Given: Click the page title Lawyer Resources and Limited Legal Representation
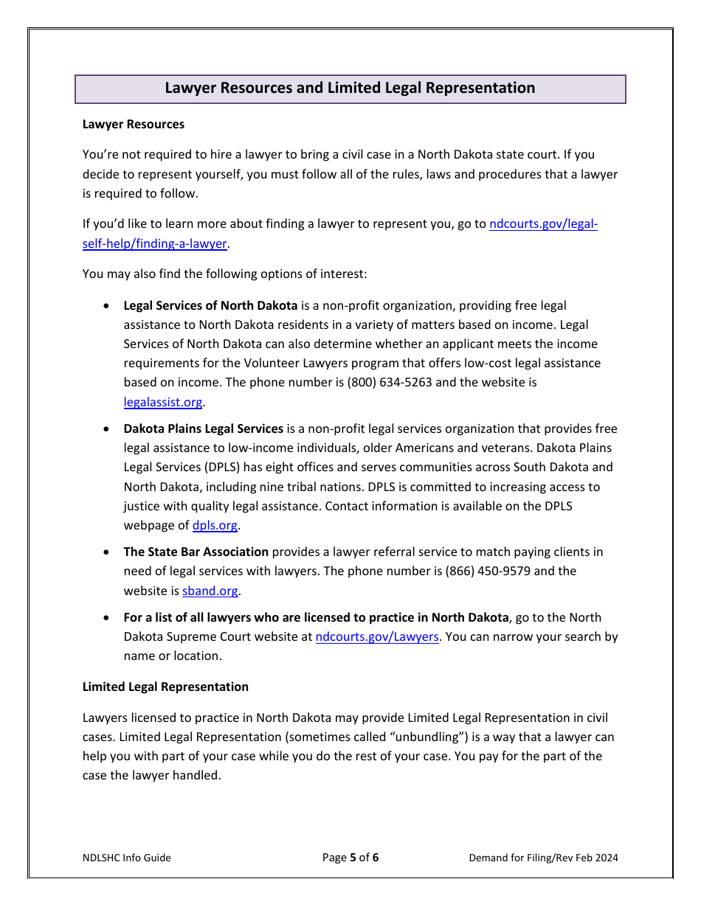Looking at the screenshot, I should tap(350, 88).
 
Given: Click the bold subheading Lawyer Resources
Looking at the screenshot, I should tap(134, 125).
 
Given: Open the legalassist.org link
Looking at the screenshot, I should tap(163, 403).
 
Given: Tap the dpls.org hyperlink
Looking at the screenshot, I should tap(215, 526).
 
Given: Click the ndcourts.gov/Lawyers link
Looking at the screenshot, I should tap(377, 637).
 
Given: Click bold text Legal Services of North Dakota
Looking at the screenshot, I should tap(210, 306).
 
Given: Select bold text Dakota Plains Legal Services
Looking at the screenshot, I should tap(203, 429).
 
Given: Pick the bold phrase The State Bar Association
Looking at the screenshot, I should tap(196, 552).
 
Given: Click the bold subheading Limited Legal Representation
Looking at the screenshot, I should tap(165, 687).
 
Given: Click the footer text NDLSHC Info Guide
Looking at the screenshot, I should tap(127, 858).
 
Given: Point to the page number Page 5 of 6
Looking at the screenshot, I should tap(350, 858).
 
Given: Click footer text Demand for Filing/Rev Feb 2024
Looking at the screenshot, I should tap(543, 858).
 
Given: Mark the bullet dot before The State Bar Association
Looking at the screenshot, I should tap(108, 552).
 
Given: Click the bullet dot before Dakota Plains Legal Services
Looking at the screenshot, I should tap(108, 429).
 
